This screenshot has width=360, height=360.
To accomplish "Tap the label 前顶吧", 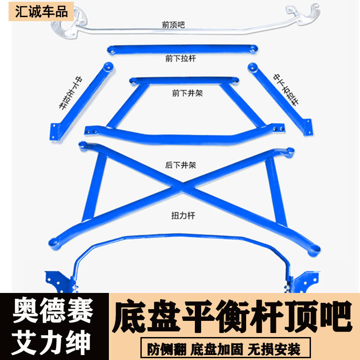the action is click(x=173, y=25).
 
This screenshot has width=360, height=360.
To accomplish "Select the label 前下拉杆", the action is click(x=180, y=58).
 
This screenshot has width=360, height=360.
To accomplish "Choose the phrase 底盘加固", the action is click(x=217, y=349).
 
